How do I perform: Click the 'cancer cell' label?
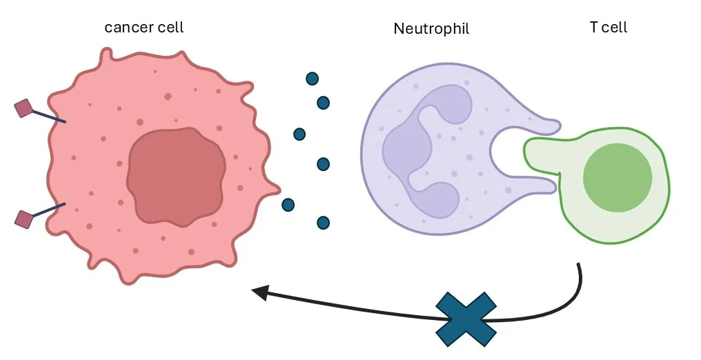coord(144,28)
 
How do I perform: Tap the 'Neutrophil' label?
coord(431,29)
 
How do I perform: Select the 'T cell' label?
coord(608,28)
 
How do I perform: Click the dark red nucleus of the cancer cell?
coord(176,177)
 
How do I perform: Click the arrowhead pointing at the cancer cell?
coord(260,292)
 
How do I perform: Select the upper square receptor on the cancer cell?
coord(23,108)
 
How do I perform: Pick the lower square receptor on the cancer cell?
coord(23,219)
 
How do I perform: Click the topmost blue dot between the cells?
coord(312,79)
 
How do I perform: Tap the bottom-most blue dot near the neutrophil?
coord(323,223)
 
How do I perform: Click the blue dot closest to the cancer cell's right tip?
coord(288,205)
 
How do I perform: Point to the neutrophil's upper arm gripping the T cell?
coord(538,123)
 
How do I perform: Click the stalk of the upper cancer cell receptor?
coord(48,116)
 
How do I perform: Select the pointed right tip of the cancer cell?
coord(277,186)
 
